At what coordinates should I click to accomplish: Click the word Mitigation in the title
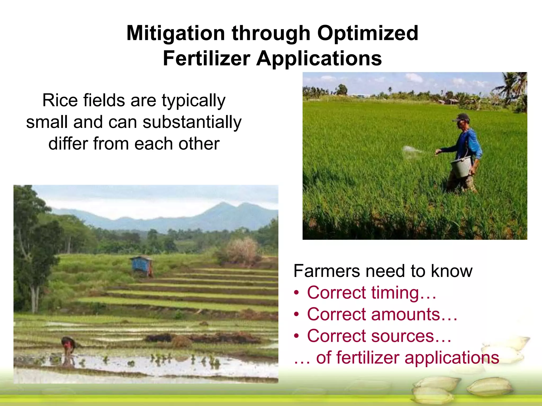(175, 34)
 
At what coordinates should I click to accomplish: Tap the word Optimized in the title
(368, 34)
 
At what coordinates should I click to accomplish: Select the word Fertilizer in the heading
(206, 58)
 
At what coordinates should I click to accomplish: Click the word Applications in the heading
(319, 58)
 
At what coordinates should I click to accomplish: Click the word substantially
(192, 122)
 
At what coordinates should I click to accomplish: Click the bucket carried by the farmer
(462, 167)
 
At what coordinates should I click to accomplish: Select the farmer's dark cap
(462, 117)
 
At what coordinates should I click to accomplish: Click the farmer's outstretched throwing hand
(438, 152)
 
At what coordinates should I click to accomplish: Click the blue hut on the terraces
(141, 264)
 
